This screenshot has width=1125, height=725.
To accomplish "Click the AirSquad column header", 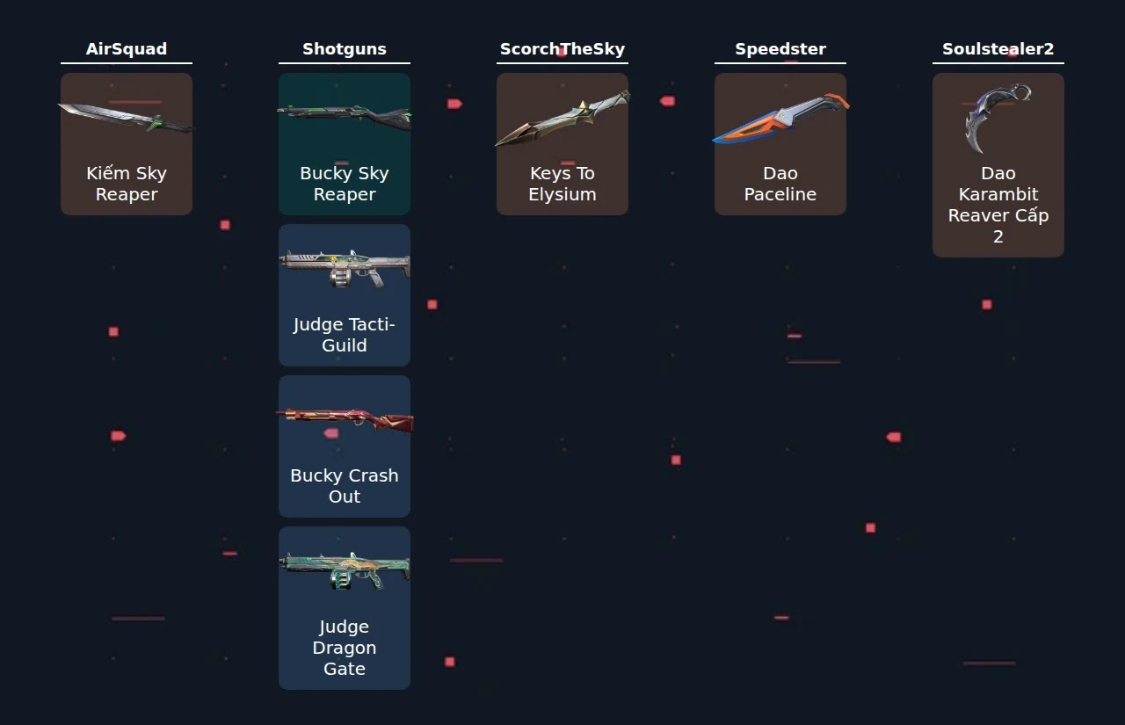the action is click(126, 48).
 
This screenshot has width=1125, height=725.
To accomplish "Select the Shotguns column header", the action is click(345, 48).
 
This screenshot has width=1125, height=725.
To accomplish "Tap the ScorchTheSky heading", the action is click(562, 48).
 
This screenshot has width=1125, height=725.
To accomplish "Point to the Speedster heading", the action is click(780, 48).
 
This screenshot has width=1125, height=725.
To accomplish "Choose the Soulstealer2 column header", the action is click(998, 48).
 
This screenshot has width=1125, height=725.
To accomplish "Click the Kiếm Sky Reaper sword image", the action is click(126, 118).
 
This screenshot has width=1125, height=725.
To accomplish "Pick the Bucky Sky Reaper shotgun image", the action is click(345, 117).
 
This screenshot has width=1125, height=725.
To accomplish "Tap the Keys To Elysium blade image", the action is click(562, 118).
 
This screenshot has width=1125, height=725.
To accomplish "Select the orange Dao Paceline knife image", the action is click(780, 119).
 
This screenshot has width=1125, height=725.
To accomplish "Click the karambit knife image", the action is click(992, 118).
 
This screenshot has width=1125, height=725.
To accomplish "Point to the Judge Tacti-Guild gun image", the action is click(345, 269).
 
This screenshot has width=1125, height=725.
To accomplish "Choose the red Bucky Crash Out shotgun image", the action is click(345, 420).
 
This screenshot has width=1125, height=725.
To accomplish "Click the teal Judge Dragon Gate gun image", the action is click(345, 571).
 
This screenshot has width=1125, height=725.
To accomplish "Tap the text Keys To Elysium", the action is click(562, 184).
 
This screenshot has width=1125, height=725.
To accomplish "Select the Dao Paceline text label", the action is click(780, 184).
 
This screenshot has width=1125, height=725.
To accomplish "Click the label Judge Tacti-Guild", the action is click(345, 335).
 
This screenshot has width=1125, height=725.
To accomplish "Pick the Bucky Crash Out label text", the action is click(345, 486).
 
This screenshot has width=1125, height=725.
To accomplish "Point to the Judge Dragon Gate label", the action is click(345, 648).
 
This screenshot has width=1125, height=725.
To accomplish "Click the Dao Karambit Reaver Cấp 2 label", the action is click(998, 205).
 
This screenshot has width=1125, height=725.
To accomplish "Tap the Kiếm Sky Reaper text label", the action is click(126, 184).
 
